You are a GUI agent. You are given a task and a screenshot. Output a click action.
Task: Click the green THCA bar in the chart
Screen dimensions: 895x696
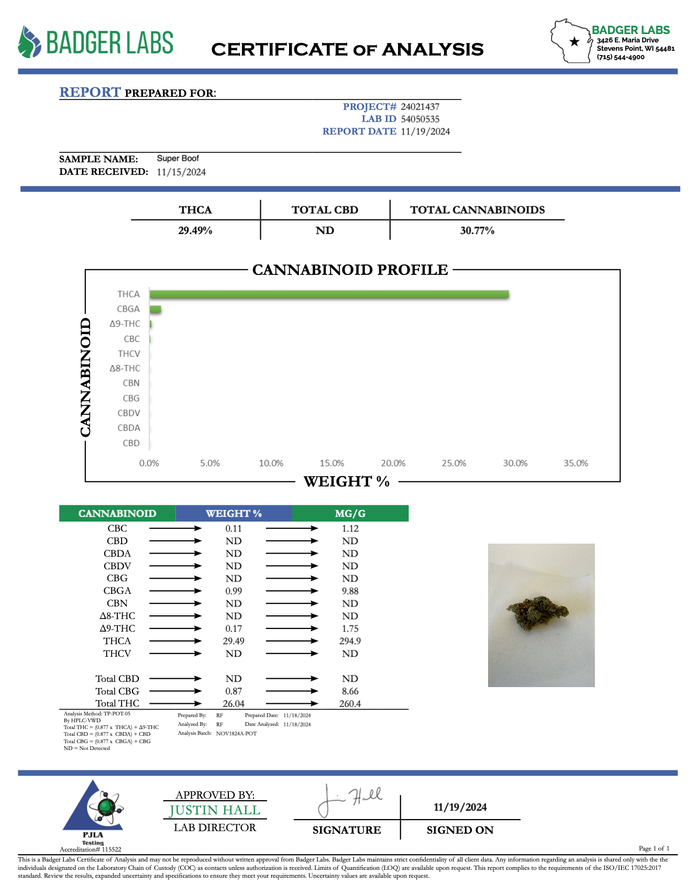tap(329, 294)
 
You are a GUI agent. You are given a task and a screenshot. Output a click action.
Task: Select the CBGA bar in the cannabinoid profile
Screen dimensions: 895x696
tap(156, 310)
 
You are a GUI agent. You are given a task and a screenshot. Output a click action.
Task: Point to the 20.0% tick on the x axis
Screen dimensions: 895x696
tap(393, 463)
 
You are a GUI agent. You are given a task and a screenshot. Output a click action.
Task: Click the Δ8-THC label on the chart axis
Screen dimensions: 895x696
tap(125, 369)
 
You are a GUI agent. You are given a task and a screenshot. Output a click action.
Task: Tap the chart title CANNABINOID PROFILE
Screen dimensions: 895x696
tap(350, 270)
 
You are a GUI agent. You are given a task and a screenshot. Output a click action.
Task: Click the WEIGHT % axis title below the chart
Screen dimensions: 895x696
tap(347, 482)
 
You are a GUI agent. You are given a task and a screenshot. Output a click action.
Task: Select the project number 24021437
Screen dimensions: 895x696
tap(420, 107)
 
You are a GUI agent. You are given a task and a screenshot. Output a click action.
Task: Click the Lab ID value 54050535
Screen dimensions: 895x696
tap(420, 119)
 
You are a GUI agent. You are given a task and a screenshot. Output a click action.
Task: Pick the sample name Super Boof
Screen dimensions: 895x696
tap(178, 159)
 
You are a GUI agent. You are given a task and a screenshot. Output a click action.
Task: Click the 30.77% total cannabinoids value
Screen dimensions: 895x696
tap(477, 231)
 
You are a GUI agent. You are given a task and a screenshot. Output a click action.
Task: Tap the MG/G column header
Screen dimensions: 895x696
tap(350, 514)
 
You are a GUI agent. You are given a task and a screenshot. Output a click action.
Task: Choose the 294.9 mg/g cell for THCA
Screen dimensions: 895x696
tap(350, 642)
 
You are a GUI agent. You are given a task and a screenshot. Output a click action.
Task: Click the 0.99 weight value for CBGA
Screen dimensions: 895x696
tap(234, 591)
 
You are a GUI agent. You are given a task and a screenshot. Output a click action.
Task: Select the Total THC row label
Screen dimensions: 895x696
tap(117, 704)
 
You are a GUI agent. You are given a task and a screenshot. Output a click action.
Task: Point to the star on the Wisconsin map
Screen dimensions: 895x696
tap(575, 42)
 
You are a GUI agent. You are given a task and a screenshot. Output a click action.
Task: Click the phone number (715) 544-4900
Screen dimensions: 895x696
tap(621, 57)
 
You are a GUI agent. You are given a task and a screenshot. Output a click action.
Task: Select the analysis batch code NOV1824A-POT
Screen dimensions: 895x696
tap(236, 734)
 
